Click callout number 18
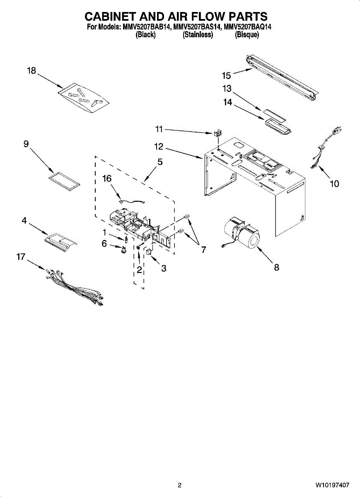(31, 71)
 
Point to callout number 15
(226, 75)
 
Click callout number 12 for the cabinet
(159, 147)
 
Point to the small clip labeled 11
(217, 133)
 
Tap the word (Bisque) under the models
(247, 35)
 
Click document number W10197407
(332, 485)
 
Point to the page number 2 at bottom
(179, 485)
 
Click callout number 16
(107, 179)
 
